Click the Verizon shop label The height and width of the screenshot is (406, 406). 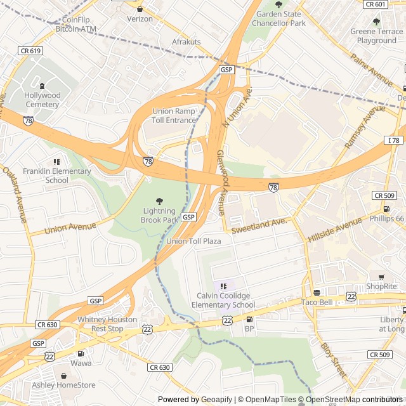pos(140,19)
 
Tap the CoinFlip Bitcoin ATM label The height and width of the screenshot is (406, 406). pos(76,24)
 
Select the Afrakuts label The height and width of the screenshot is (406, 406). pos(187,42)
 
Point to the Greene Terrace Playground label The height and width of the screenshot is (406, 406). pos(376,36)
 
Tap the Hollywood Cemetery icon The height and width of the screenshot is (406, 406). pos(43,86)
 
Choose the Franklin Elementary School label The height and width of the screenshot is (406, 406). pos(56,176)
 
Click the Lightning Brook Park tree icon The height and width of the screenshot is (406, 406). pos(159,201)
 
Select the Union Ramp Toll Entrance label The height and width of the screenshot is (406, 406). pos(174,115)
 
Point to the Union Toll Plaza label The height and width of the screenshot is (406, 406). pos(193,242)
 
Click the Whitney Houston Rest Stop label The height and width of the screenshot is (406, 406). pos(107,324)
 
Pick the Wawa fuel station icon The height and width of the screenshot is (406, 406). pos(81,353)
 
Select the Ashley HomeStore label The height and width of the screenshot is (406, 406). pos(63,384)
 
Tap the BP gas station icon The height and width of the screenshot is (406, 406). pos(249,319)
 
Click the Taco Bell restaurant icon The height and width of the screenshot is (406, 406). pos(317,292)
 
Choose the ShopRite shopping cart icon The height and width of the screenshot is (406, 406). pos(381,277)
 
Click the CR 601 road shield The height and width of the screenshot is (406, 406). pos(376,4)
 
